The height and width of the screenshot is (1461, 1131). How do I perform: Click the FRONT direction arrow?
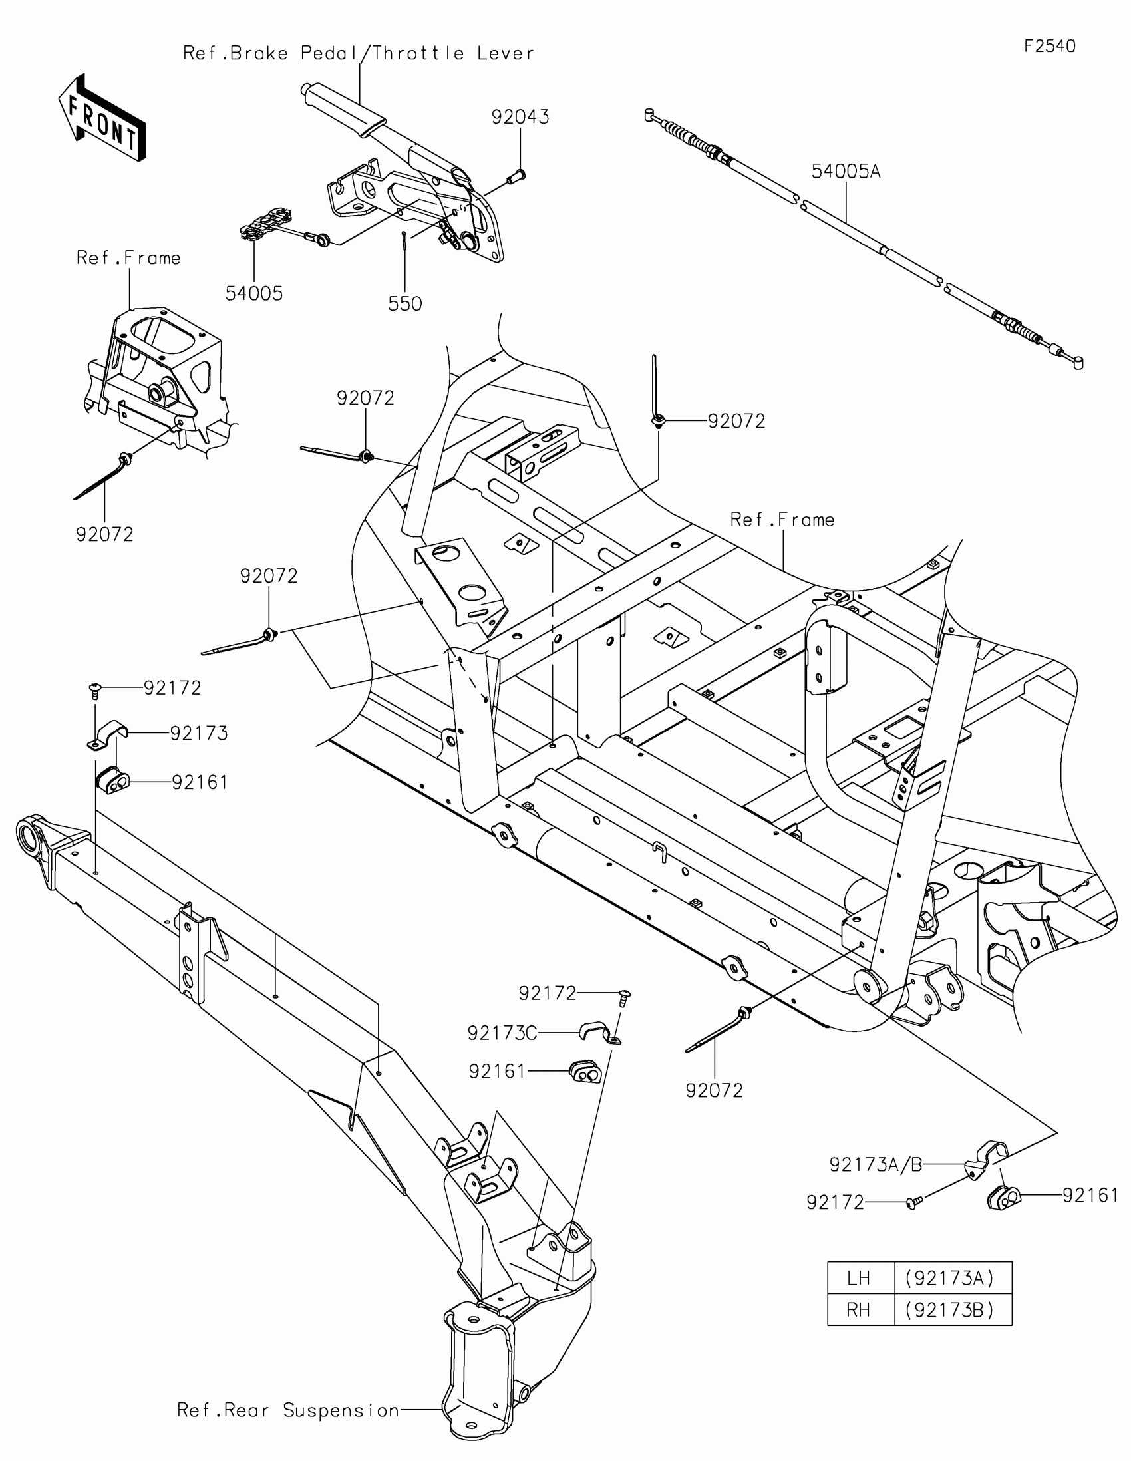click(102, 118)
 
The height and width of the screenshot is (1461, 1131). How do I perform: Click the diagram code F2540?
click(1049, 46)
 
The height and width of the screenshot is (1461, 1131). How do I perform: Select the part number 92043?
click(520, 117)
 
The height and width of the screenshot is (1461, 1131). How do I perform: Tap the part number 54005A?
click(846, 172)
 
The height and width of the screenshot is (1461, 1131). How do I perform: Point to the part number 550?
click(404, 303)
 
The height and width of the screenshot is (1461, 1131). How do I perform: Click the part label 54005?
click(253, 293)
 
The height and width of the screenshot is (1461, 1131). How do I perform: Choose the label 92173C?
click(502, 1033)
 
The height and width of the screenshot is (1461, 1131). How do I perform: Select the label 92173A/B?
click(876, 1166)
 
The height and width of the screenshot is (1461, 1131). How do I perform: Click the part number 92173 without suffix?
click(199, 733)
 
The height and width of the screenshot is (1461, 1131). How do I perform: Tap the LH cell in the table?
click(859, 1279)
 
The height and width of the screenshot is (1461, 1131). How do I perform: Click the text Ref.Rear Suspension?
click(287, 1411)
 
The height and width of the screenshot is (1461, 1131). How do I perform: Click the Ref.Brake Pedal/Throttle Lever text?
click(359, 53)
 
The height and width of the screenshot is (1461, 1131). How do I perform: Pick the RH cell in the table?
click(859, 1310)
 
